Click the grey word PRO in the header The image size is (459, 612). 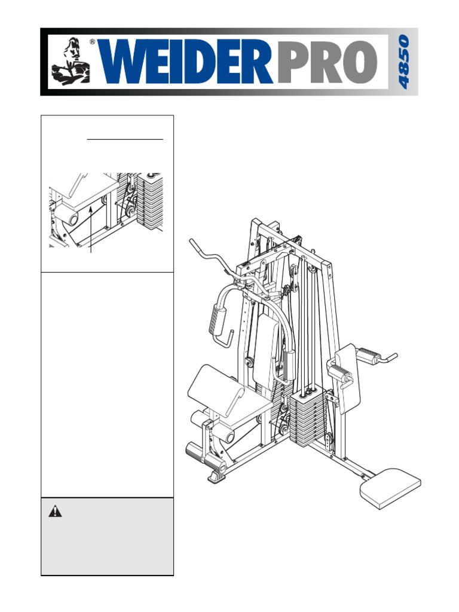coord(328,63)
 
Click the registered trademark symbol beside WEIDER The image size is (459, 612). coord(92,42)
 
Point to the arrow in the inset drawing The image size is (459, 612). coord(91,227)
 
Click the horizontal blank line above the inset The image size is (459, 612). coord(125,139)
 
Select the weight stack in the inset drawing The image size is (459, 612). coord(149,200)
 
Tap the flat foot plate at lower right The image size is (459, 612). coord(390,487)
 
